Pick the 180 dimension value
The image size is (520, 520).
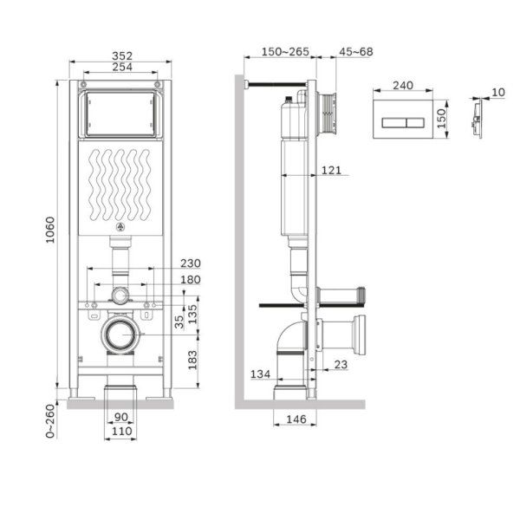tap(190, 279)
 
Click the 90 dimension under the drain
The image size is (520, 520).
tap(120, 416)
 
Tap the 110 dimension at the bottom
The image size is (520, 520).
tap(120, 431)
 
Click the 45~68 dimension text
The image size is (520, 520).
tap(355, 52)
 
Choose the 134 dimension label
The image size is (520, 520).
tap(260, 374)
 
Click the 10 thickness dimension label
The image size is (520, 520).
tap(497, 92)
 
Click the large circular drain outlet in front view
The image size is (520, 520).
tap(120, 334)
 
